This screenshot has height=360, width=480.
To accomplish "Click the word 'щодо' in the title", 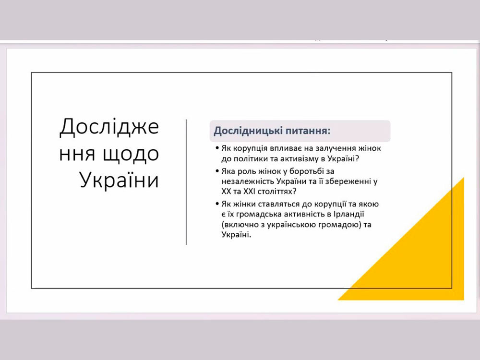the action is pos(131,154).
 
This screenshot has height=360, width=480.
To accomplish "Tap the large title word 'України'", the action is pos(120,180).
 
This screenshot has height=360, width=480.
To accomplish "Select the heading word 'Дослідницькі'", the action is pos(248,131).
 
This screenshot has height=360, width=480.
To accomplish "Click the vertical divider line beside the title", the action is pos(186,182).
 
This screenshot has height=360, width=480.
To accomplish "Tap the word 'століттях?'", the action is pos(277,192).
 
